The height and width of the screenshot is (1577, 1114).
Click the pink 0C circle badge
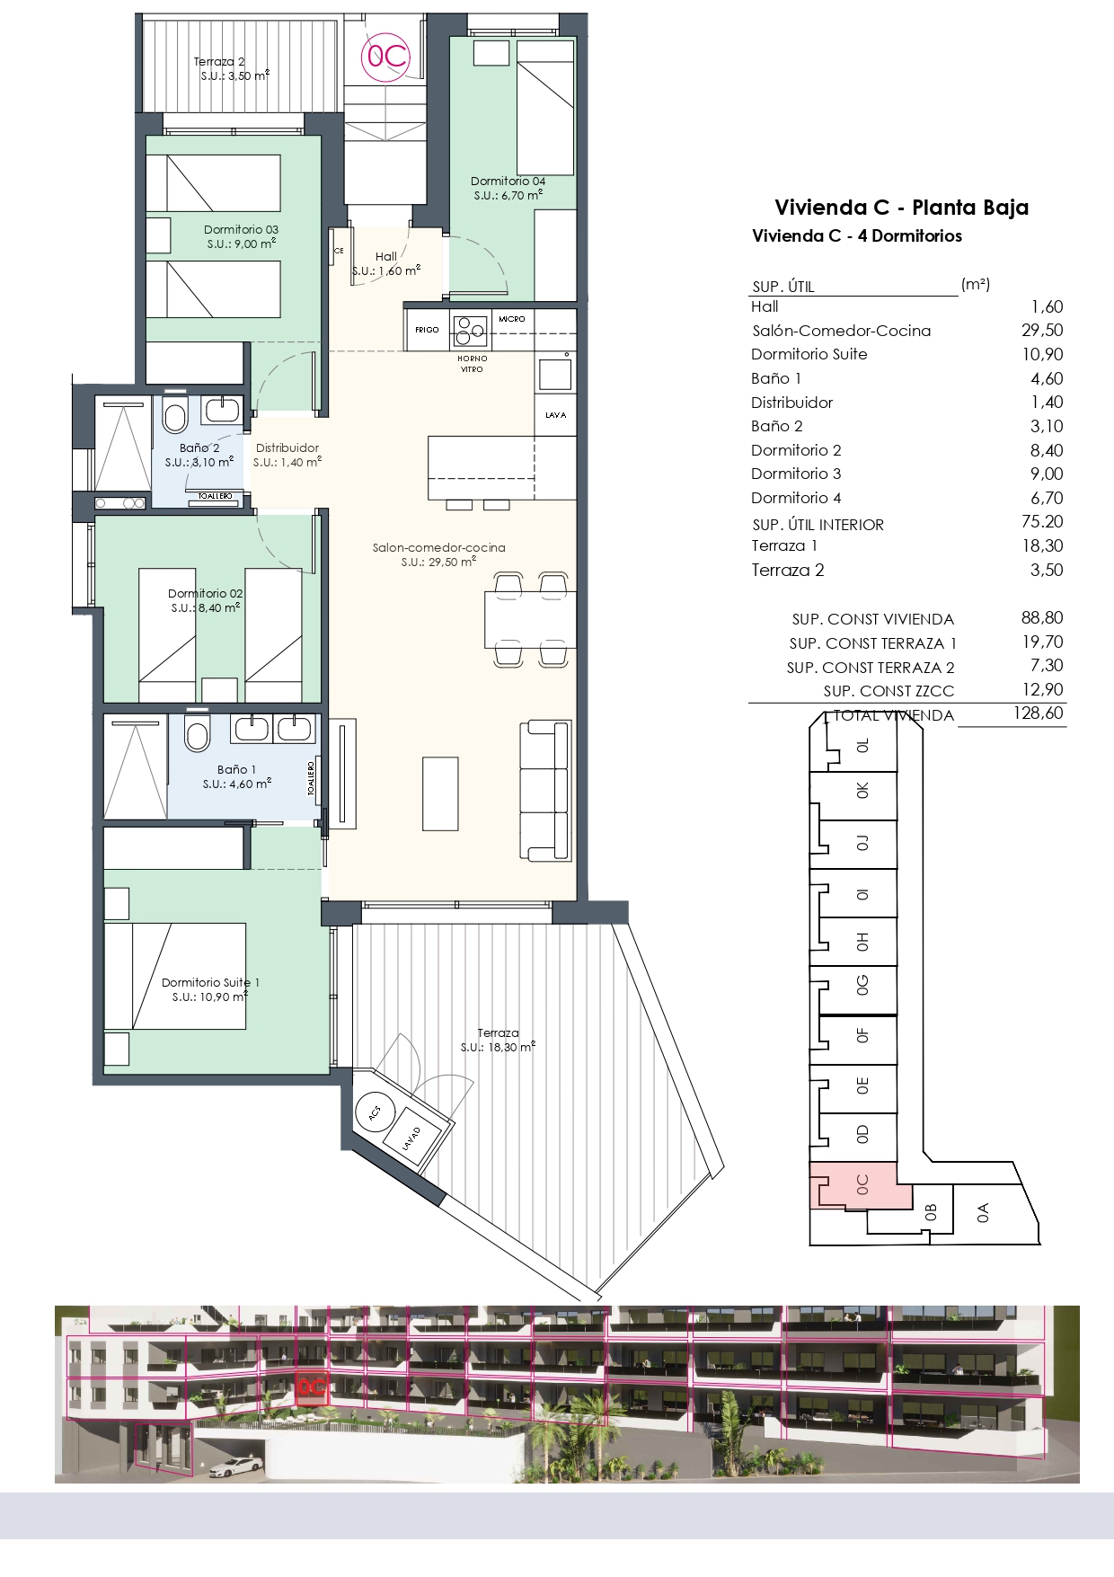pos(386,57)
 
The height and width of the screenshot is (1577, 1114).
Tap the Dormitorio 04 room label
pos(508,182)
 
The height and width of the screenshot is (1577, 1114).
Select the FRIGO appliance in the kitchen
pos(427,330)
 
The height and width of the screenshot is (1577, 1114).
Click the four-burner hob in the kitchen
pos(470,331)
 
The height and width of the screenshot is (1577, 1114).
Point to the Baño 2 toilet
pos(174,417)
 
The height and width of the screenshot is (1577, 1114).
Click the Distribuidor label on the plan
pos(287,447)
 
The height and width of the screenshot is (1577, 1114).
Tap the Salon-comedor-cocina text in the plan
pos(438,547)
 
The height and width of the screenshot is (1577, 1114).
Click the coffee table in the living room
pos(440,793)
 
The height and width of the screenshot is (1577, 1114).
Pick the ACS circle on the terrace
pos(375,1112)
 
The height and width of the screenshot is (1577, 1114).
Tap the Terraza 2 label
pos(219,62)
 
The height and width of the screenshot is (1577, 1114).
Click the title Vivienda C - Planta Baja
pos(901,208)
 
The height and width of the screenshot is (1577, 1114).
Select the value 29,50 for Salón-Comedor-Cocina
pos(1041,331)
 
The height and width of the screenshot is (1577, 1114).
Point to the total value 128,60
pos(1038,713)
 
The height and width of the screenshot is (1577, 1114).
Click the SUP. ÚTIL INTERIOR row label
pos(818,525)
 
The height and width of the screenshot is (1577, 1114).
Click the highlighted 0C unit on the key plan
pos(861,1185)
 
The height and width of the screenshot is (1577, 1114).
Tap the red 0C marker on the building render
pos(312,1387)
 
